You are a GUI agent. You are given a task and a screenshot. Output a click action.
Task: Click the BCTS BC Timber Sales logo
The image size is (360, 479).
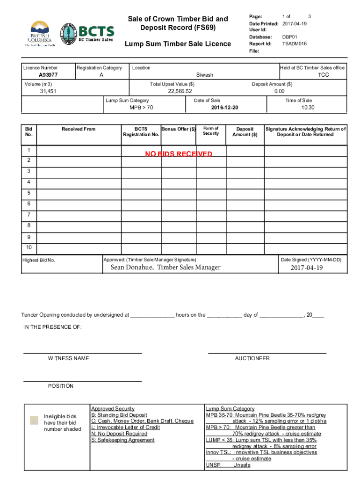click(87, 33)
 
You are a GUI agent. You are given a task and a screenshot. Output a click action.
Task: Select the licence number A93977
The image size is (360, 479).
click(48, 75)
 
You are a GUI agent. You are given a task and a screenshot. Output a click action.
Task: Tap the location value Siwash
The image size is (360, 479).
click(204, 75)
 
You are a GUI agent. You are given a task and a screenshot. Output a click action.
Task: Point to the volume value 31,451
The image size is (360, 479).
click(48, 92)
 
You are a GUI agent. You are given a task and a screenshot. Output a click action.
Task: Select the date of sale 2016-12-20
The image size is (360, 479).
click(225, 108)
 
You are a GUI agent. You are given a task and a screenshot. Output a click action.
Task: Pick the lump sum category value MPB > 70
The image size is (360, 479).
click(141, 108)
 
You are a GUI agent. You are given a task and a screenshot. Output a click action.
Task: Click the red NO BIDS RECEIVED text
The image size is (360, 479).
click(179, 154)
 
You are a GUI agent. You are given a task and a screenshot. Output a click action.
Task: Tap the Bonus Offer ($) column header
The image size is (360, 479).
click(178, 129)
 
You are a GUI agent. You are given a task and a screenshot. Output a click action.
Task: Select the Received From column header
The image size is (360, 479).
click(79, 129)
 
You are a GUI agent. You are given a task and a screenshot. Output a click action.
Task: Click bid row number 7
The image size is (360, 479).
click(29, 215)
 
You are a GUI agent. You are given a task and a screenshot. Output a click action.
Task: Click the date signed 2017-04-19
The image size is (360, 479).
click(307, 268)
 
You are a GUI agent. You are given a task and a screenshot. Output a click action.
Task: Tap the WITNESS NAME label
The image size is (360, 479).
click(68, 358)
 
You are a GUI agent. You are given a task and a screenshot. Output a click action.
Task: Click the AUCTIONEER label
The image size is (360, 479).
click(252, 358)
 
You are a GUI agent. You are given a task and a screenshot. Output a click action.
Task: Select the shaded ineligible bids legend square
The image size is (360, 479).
click(34, 420)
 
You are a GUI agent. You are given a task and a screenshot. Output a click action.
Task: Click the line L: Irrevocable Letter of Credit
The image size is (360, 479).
click(125, 428)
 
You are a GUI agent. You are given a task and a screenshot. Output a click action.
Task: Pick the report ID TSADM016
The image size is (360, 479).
click(295, 44)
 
